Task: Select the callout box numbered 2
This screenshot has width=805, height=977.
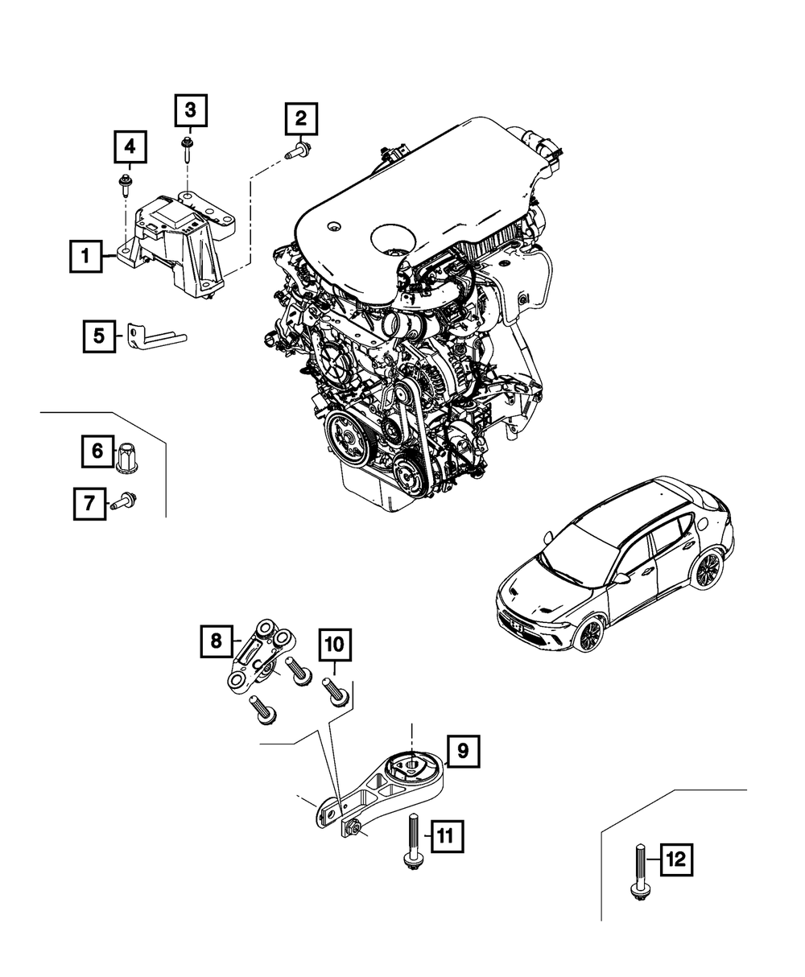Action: click(300, 120)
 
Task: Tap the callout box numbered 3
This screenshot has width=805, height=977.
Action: click(191, 109)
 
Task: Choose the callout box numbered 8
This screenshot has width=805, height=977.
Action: click(217, 641)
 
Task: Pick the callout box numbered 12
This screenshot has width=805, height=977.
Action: click(677, 860)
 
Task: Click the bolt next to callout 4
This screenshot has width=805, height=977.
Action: click(125, 184)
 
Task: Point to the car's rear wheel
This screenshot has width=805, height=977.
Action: click(708, 570)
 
